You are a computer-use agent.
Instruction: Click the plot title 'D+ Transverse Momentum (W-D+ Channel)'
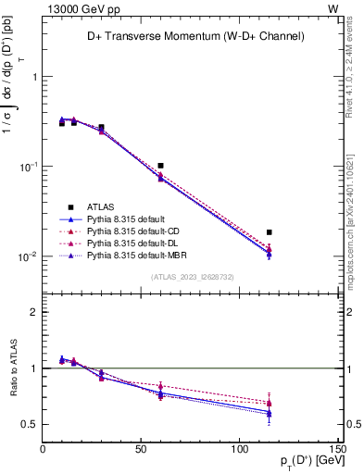(191, 36)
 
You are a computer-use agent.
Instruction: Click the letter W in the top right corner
(333, 7)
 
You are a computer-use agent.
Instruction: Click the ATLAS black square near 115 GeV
(270, 232)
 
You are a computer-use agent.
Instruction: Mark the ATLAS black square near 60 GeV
(161, 166)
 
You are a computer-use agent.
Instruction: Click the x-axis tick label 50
(141, 451)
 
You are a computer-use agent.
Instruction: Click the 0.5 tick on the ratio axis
(32, 424)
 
